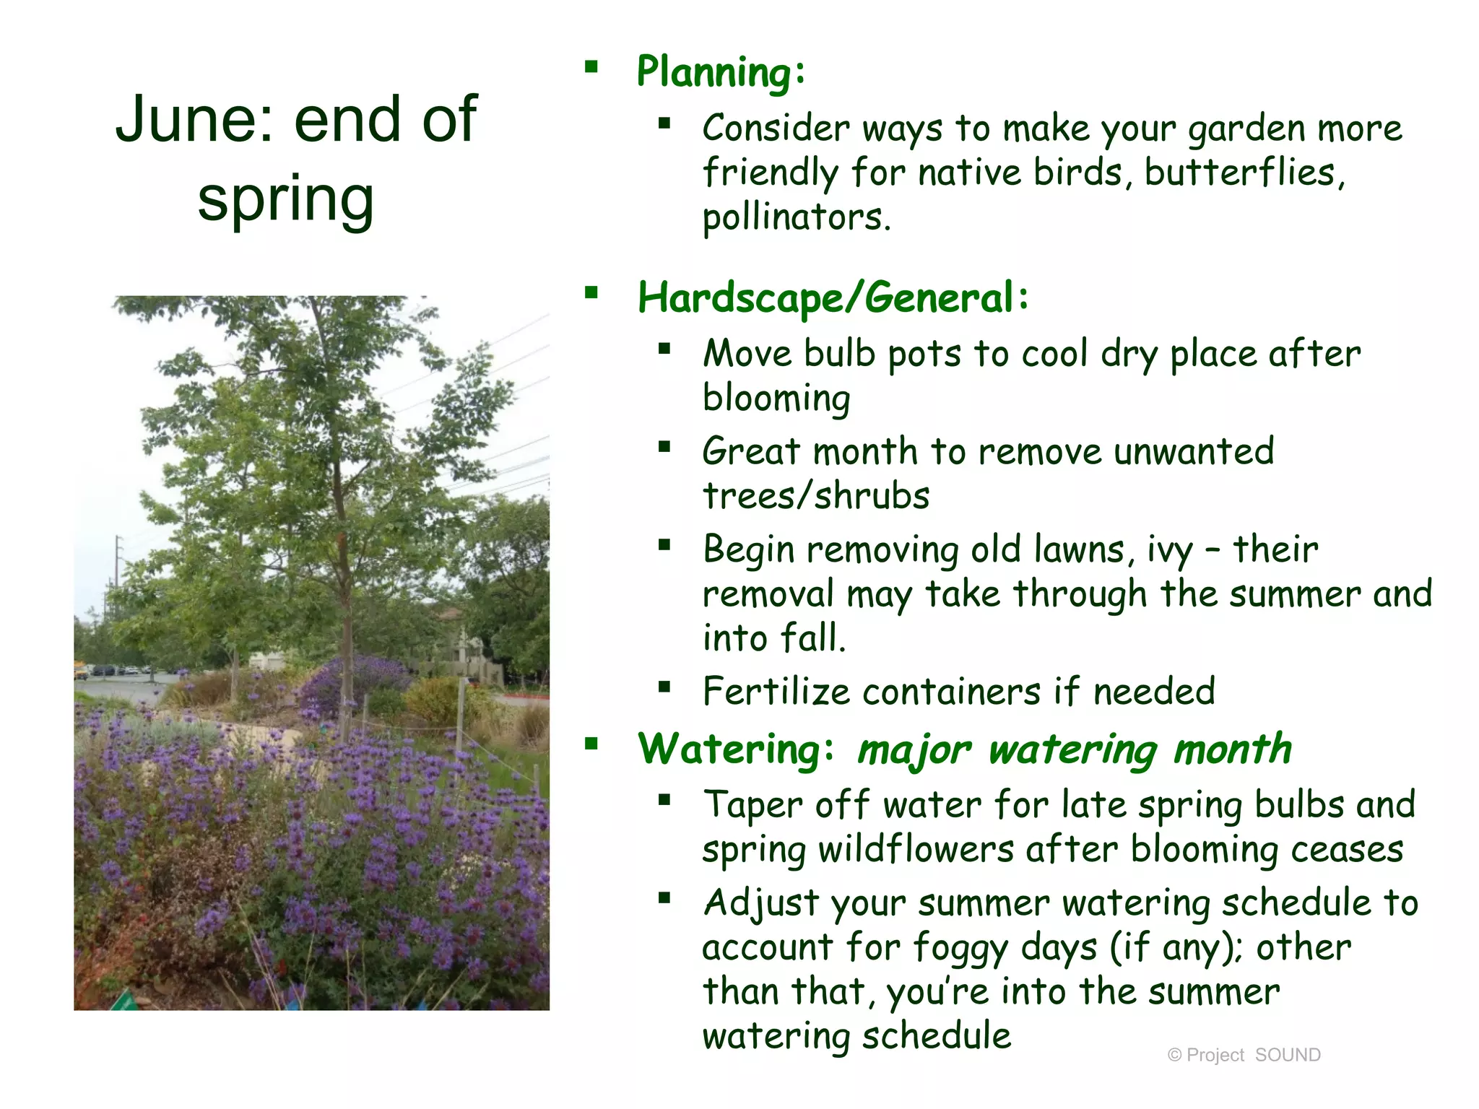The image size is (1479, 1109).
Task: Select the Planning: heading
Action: pyautogui.click(x=720, y=72)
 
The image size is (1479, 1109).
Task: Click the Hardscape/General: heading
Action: pyautogui.click(x=833, y=298)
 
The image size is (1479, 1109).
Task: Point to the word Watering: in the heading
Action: pyautogui.click(x=735, y=749)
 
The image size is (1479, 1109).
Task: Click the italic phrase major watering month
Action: pyautogui.click(x=1074, y=749)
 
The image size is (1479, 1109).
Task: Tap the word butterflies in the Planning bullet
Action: pyautogui.click(x=1244, y=173)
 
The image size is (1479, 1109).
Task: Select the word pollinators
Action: pyautogui.click(x=796, y=217)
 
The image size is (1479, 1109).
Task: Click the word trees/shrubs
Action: pyautogui.click(x=816, y=496)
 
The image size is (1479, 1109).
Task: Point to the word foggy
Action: pyautogui.click(x=960, y=948)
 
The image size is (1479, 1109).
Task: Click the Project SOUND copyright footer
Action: pyautogui.click(x=1244, y=1055)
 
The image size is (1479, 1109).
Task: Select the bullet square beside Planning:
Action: pyautogui.click(x=591, y=68)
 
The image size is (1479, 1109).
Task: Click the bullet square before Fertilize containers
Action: pyautogui.click(x=664, y=687)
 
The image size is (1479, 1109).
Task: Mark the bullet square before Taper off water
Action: pyautogui.click(x=664, y=799)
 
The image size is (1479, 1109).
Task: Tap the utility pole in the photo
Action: pyautogui.click(x=118, y=570)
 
